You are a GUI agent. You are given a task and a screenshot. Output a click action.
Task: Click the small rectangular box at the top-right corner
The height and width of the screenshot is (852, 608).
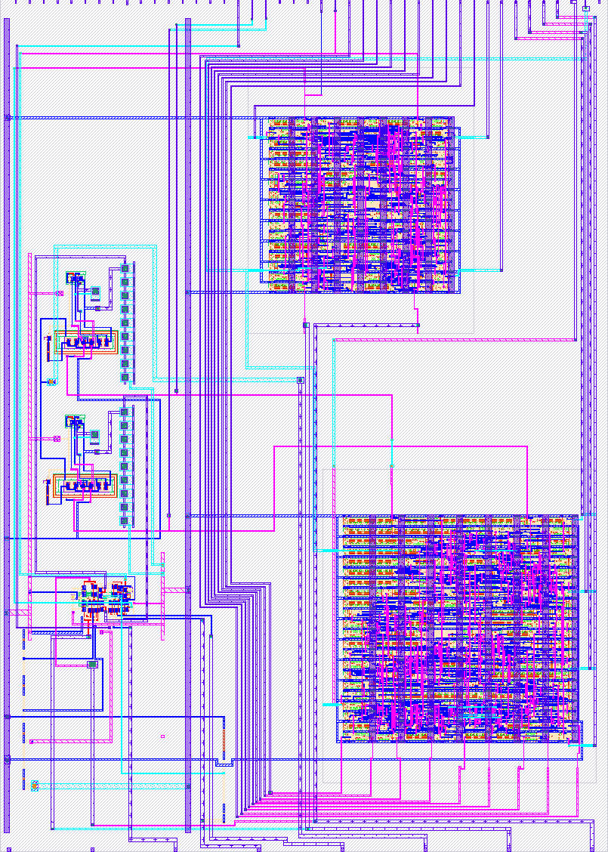586,8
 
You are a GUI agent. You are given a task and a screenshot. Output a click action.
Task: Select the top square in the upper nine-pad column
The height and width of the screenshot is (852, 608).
125,268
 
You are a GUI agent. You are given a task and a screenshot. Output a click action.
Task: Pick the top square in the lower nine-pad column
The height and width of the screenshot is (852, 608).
125,412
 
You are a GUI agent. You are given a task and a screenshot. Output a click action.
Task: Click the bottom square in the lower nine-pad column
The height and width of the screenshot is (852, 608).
125,520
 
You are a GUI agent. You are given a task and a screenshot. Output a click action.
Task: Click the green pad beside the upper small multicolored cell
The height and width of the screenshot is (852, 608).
96,291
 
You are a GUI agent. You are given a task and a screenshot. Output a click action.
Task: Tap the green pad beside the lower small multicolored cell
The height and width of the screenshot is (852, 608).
95,435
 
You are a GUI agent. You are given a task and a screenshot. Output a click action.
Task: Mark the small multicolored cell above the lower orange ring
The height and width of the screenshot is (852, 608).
75,421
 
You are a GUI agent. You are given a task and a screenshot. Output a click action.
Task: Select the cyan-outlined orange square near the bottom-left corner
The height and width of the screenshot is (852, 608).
35,785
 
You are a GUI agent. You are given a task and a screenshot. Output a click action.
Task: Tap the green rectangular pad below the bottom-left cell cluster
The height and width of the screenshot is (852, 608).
93,664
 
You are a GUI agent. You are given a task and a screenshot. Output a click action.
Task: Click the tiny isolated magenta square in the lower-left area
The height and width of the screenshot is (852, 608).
162,736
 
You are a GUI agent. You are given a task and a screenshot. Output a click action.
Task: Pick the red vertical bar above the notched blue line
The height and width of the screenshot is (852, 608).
224,736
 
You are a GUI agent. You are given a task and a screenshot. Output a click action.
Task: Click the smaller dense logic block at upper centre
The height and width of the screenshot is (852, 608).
359,204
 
